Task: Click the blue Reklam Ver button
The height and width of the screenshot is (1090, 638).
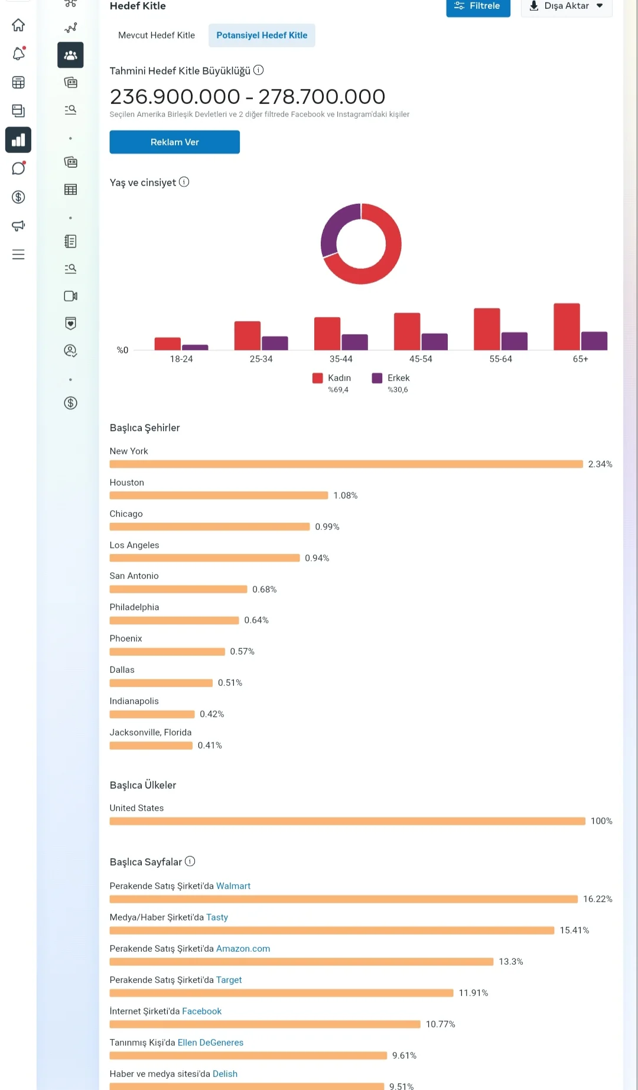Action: coord(174,142)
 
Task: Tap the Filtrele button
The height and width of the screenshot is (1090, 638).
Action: coord(478,6)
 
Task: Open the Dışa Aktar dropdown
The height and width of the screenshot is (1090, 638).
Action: coord(567,6)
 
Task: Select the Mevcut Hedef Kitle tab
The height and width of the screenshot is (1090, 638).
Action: coord(157,35)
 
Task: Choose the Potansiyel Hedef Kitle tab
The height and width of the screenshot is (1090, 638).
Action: coord(262,35)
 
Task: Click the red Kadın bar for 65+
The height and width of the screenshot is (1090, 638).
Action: coord(567,327)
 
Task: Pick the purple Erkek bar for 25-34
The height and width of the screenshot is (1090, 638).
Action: coord(275,343)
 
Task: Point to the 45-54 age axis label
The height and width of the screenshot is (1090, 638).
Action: coord(421,359)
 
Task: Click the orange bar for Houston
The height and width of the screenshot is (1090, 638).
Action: coord(219,496)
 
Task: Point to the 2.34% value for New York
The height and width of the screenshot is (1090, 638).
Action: coord(600,464)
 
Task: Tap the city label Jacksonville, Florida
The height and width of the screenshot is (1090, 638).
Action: coord(151,733)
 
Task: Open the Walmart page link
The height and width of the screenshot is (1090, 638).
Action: coord(233,886)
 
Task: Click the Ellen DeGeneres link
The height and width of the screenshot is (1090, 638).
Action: coord(210,1043)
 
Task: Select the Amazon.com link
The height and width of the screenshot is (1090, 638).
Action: coord(243,949)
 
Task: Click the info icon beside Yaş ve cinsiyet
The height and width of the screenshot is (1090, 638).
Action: coord(184,182)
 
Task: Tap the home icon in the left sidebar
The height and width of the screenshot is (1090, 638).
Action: coord(18,25)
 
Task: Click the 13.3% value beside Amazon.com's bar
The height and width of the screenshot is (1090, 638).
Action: coord(511,962)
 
